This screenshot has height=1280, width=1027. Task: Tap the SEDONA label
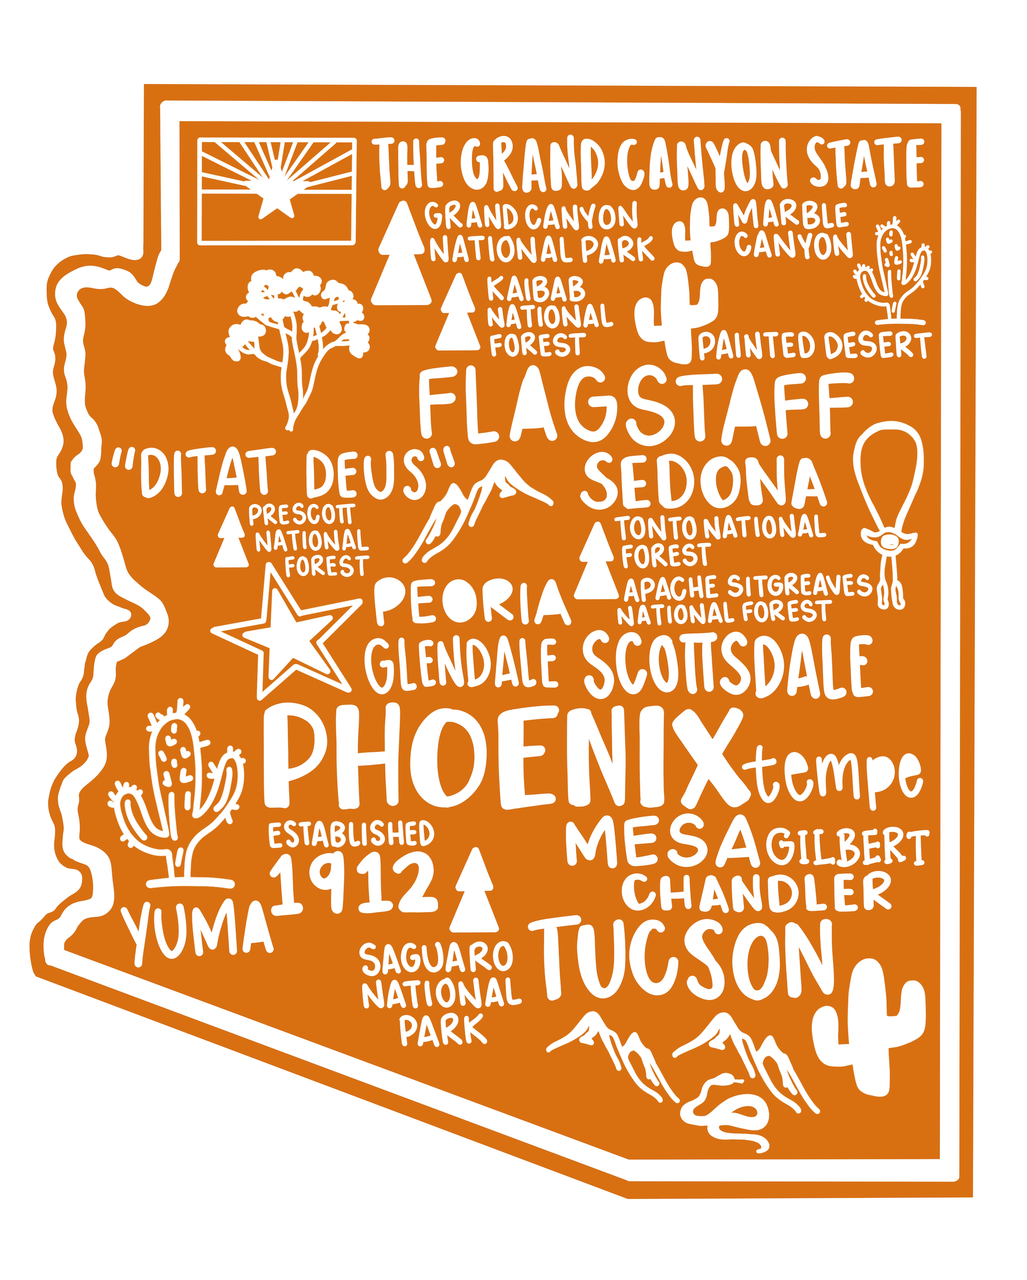(703, 483)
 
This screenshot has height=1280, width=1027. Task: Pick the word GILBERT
(846, 848)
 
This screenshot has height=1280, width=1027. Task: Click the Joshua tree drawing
(297, 333)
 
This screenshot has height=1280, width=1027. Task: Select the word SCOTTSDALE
(727, 665)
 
